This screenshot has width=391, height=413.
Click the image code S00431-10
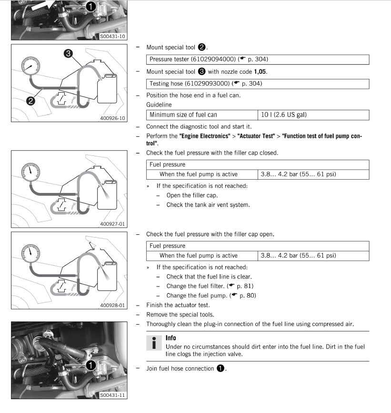pyautogui.click(x=113, y=36)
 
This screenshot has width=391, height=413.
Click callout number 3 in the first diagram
pyautogui.click(x=68, y=54)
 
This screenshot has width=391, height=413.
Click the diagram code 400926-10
pyautogui.click(x=113, y=118)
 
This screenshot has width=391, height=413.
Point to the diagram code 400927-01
pyautogui.click(x=113, y=223)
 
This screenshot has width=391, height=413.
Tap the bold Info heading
pyautogui.click(x=171, y=338)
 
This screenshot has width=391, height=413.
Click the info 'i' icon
pyautogui.click(x=153, y=344)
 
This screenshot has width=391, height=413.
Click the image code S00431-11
pyautogui.click(x=113, y=395)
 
